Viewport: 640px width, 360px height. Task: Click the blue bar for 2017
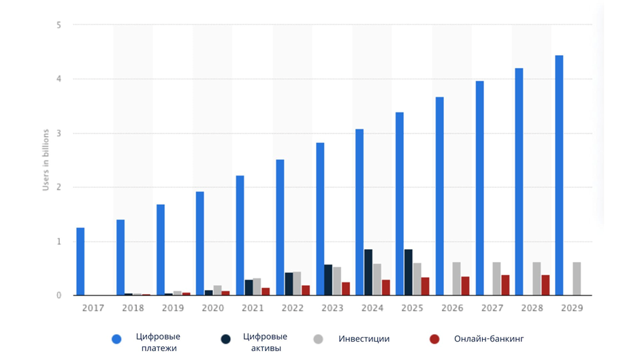(x=80, y=261)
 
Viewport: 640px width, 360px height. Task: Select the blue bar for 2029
(x=559, y=176)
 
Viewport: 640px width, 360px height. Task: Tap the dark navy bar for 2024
(x=368, y=272)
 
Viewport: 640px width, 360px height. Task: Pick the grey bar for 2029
(x=577, y=279)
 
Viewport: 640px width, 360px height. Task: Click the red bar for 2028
(x=545, y=285)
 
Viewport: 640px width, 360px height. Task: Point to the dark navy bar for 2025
(x=409, y=272)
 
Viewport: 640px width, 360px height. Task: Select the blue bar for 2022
(x=280, y=227)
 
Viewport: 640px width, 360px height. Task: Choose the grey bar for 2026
(x=457, y=279)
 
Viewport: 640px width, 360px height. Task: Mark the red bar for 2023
(x=346, y=289)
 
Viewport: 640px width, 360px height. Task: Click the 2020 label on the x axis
(x=213, y=308)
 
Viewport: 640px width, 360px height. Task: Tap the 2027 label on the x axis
(x=492, y=308)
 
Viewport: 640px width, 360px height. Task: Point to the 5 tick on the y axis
(x=59, y=25)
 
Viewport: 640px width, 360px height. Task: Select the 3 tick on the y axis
(x=59, y=133)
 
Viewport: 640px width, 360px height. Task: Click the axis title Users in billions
(x=46, y=160)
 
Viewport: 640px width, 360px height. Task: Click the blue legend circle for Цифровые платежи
(x=116, y=339)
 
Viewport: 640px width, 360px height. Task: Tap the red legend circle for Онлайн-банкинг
(x=434, y=339)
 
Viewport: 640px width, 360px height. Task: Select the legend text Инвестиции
(x=364, y=339)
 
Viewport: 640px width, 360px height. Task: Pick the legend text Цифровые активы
(x=265, y=342)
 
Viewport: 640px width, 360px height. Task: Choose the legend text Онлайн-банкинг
(x=489, y=339)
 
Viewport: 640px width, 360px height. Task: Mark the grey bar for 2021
(x=257, y=287)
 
